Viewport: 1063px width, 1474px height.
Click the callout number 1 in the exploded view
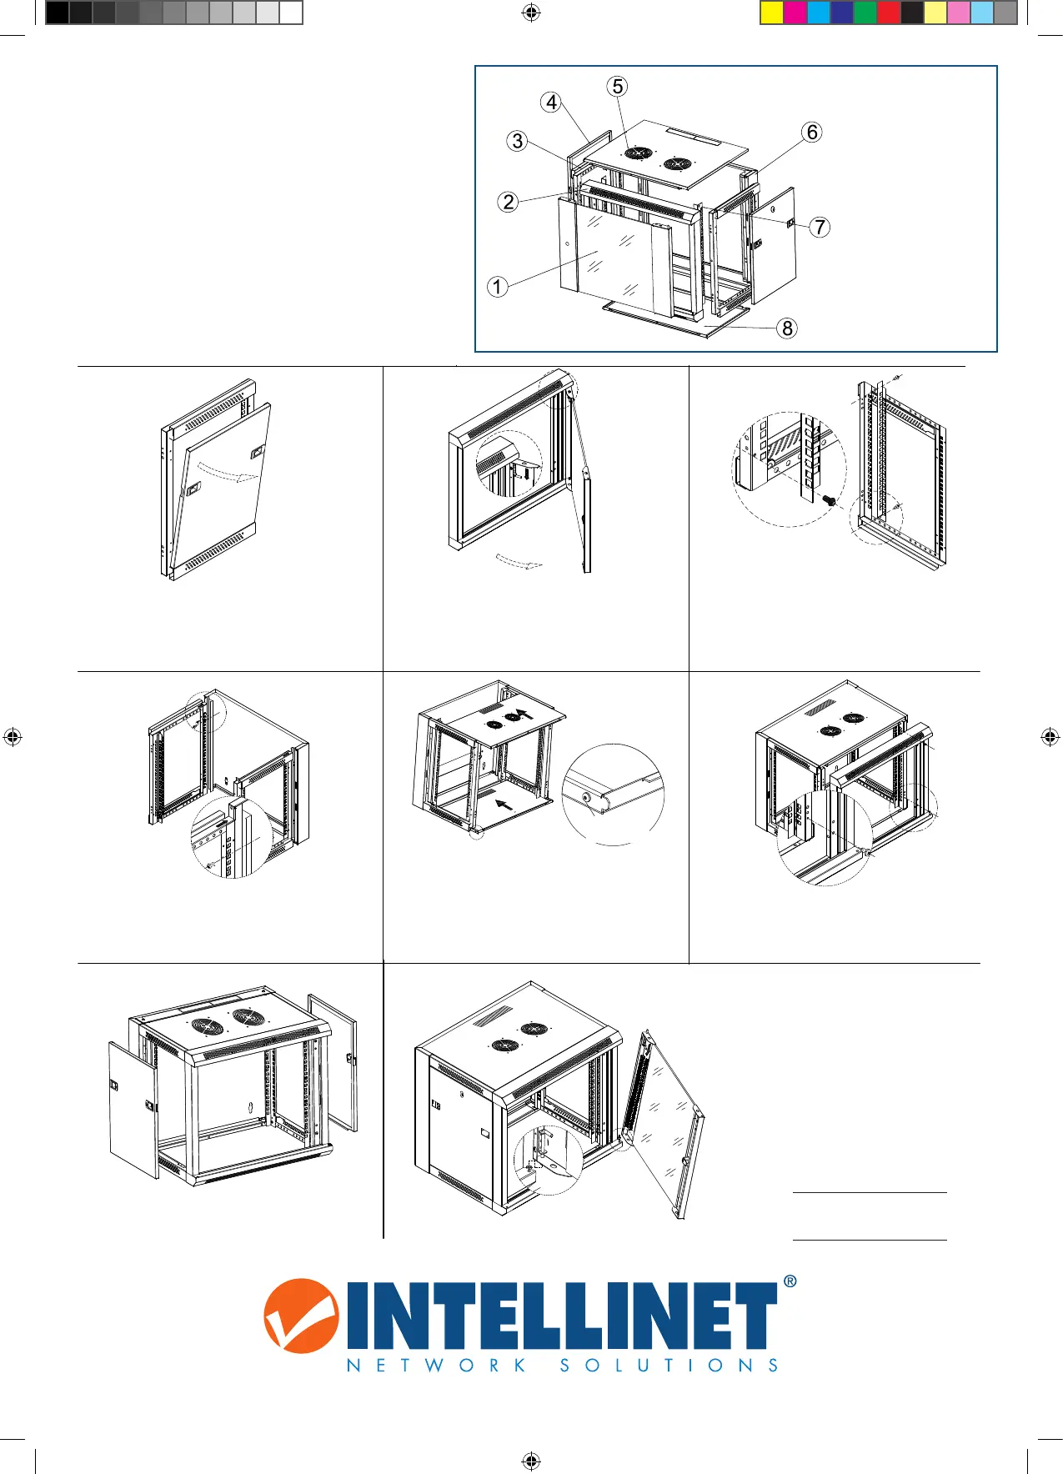tap(498, 288)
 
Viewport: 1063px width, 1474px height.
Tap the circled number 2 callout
tap(509, 202)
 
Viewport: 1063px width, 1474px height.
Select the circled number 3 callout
tap(518, 141)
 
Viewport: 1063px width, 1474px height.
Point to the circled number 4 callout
tap(551, 103)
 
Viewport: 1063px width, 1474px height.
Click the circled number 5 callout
tap(617, 87)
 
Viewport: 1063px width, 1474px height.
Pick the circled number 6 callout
tap(811, 133)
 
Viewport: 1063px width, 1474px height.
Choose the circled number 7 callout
tap(820, 227)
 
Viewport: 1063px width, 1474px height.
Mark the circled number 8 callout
tap(787, 328)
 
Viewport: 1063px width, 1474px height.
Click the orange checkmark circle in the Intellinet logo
tap(301, 1316)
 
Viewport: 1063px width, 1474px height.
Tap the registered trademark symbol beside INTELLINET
tap(790, 1281)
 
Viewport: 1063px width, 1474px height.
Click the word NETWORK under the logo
tap(436, 1366)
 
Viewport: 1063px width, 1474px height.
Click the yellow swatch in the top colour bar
tap(772, 13)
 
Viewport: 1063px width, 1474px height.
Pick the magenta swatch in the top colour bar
tap(795, 13)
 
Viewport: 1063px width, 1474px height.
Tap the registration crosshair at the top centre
tap(531, 13)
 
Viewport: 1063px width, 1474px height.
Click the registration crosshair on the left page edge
tap(13, 737)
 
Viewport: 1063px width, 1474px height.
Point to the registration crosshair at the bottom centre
tap(531, 1461)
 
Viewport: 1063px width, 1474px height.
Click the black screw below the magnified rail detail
tap(829, 499)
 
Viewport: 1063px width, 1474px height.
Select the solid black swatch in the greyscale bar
tap(57, 13)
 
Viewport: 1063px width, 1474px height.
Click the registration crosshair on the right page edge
tap(1050, 737)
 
